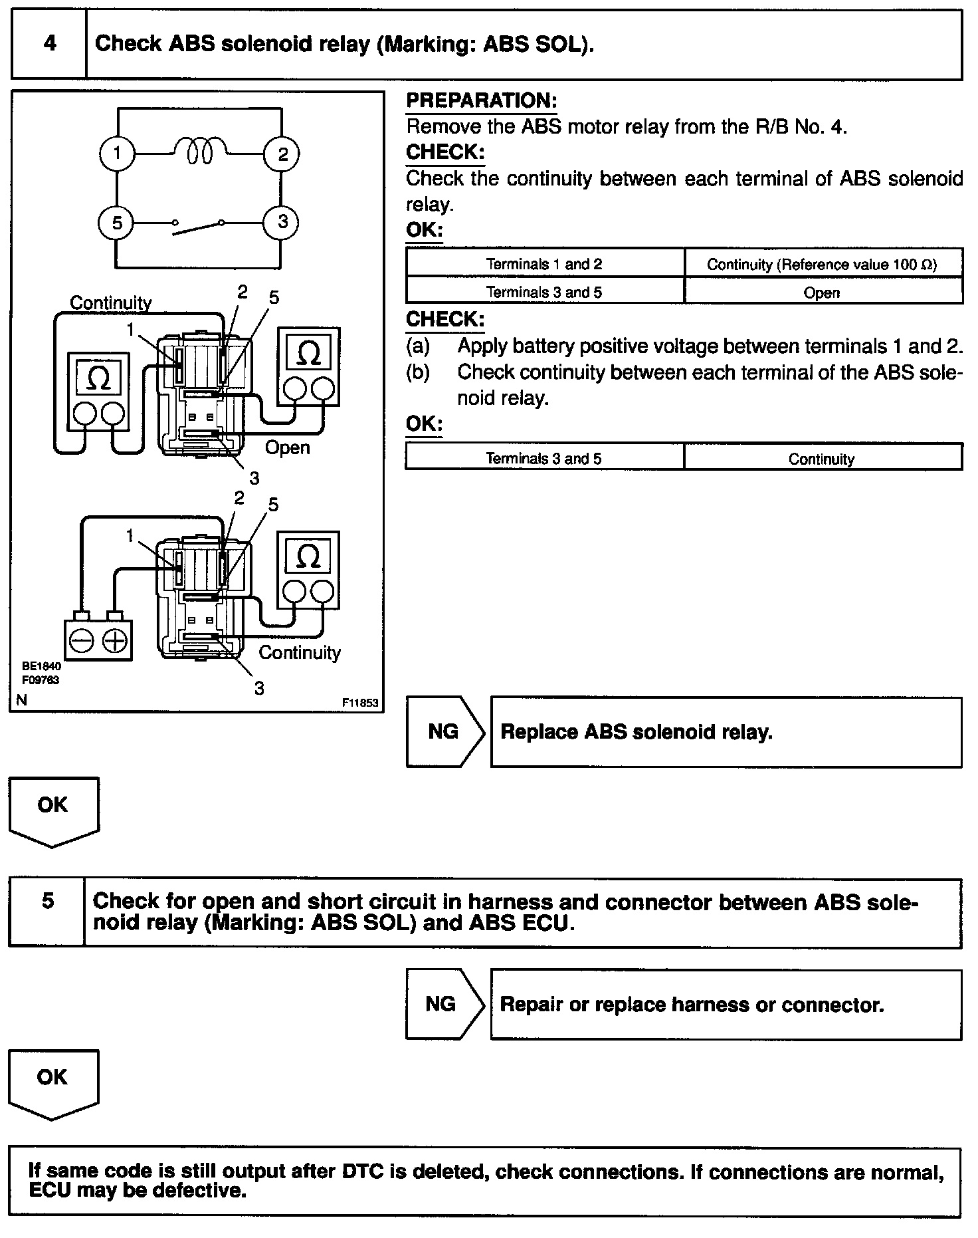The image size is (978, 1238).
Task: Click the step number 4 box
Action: (x=49, y=44)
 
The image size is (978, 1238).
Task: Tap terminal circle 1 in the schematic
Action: (x=117, y=154)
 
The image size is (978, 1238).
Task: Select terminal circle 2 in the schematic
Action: (x=282, y=155)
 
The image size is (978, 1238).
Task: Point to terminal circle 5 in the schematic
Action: (x=117, y=223)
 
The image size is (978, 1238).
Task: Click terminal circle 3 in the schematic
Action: (x=282, y=222)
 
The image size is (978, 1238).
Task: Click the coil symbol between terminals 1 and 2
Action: (x=199, y=150)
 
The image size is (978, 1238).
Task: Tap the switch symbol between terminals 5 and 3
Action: (x=198, y=227)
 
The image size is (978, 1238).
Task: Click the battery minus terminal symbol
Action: (x=82, y=641)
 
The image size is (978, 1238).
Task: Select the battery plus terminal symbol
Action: (x=116, y=641)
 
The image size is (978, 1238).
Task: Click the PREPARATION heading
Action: (x=481, y=101)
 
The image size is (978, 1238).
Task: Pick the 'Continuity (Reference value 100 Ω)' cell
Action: (x=822, y=265)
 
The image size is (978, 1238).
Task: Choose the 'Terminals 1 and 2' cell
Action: (x=544, y=265)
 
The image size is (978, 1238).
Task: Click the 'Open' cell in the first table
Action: (x=822, y=293)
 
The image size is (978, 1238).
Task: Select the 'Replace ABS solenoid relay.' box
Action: (x=726, y=732)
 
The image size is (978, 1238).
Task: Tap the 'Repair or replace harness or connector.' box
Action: (x=726, y=1005)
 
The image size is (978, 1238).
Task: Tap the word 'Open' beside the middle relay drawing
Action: (x=287, y=447)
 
